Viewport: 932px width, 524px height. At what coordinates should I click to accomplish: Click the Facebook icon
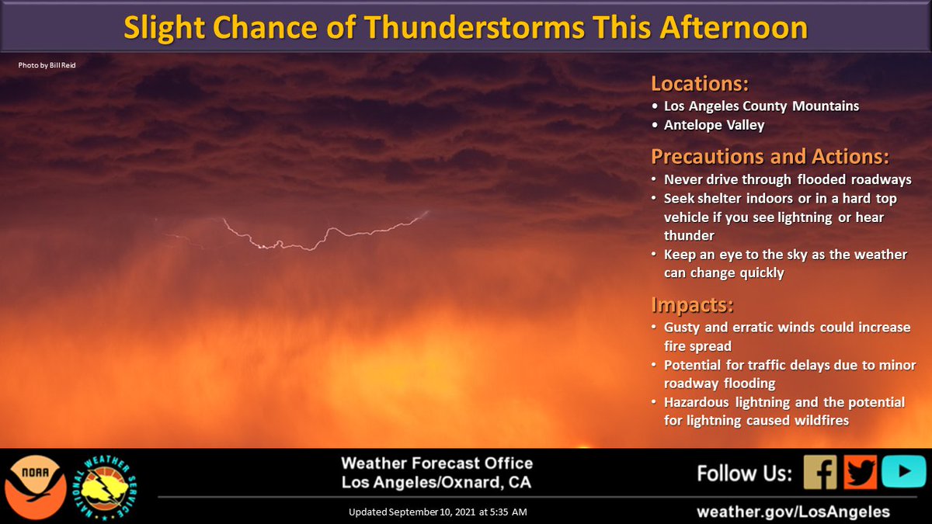(820, 472)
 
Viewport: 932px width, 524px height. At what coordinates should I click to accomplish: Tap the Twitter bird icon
(861, 472)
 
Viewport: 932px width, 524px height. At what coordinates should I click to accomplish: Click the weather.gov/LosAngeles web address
(793, 512)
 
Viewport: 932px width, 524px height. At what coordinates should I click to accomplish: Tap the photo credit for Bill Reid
(47, 65)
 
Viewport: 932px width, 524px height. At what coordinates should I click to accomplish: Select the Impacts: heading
(692, 304)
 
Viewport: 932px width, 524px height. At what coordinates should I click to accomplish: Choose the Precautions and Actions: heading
(770, 157)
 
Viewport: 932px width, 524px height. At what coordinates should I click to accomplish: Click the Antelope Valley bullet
(714, 125)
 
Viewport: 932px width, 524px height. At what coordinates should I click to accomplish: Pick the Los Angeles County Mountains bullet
(761, 106)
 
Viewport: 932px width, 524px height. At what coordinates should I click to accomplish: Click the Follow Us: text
(745, 473)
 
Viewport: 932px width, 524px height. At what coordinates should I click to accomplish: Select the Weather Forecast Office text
(436, 463)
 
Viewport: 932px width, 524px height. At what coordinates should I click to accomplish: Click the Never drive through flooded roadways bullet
(788, 180)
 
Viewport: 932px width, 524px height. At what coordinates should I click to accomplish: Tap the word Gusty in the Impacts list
(682, 328)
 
